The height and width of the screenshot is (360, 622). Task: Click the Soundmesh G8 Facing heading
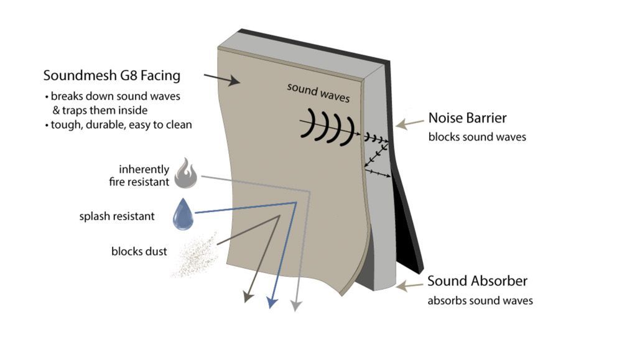pos(112,76)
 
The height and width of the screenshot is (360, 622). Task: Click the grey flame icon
pos(186,173)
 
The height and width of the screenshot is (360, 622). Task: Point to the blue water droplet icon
pos(183,214)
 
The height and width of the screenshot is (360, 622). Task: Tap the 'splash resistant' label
pos(117,216)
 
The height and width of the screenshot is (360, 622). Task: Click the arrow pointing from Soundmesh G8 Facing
pos(221,79)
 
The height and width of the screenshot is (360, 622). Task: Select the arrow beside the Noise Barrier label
pos(410,124)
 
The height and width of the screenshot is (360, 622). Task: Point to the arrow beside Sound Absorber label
pos(410,286)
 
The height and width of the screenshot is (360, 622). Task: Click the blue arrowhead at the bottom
pos(271,303)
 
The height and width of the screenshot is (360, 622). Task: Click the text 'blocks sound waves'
pos(477,137)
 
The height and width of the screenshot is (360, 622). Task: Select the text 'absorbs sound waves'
pos(480,300)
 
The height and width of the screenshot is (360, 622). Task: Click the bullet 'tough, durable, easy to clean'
pos(118,124)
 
